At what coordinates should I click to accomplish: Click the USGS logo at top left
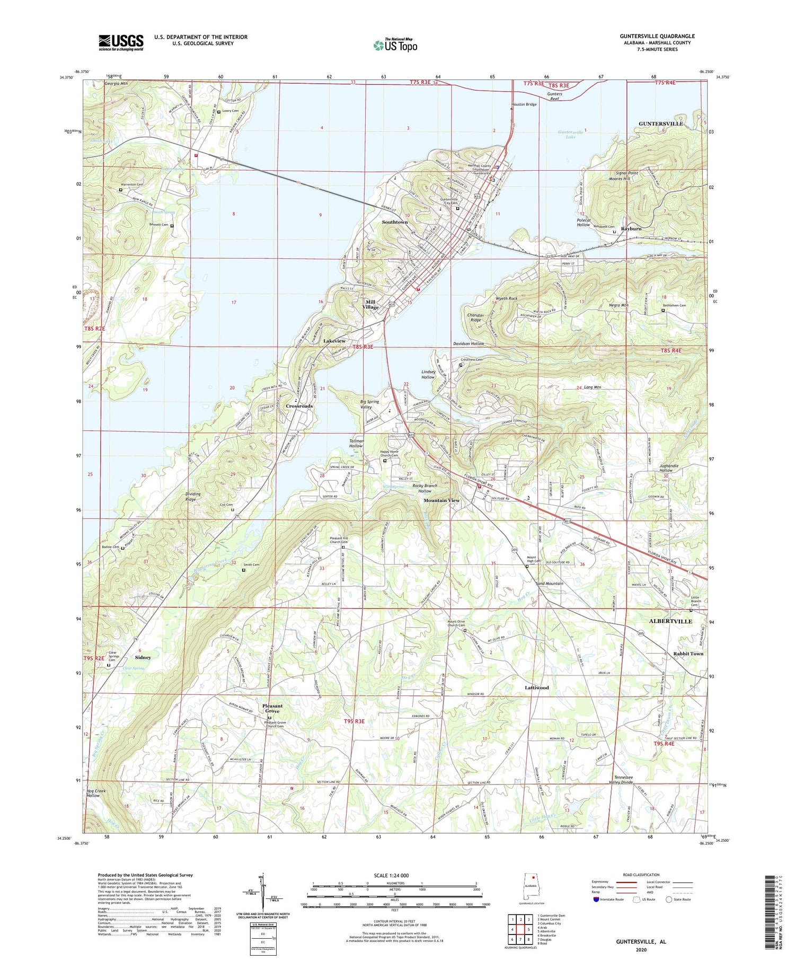point(121,42)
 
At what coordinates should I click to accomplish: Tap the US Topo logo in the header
point(395,46)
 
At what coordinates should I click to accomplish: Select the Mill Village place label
point(370,305)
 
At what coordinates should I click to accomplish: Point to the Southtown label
point(395,222)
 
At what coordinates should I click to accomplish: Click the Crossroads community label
point(299,406)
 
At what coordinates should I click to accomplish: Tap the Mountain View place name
point(441,500)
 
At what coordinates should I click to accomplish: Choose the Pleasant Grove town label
point(272,708)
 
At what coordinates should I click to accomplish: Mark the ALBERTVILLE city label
point(670,621)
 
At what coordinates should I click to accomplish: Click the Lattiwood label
point(536,687)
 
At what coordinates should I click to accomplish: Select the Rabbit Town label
point(688,654)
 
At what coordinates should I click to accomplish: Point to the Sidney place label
point(143,657)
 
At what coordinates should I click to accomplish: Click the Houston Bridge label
point(524,104)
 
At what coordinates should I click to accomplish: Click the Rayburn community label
point(631,229)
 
